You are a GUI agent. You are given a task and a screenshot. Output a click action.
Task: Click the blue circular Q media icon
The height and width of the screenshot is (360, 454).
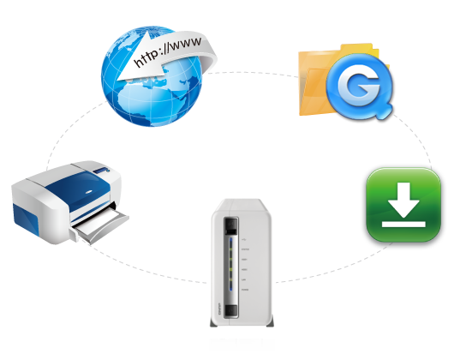[361, 85]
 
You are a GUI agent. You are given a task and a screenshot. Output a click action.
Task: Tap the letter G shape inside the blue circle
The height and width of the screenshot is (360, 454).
[361, 86]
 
